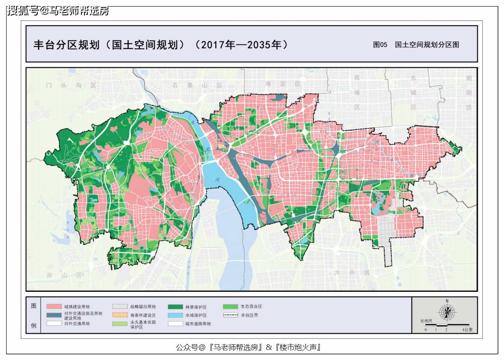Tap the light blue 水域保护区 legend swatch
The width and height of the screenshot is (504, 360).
(x=175, y=315)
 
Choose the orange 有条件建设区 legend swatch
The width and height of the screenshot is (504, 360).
(x=119, y=315)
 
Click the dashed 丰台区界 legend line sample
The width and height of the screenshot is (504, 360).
(x=230, y=315)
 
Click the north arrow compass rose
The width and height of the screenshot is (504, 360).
(x=447, y=311)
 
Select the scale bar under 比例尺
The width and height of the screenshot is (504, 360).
(x=447, y=326)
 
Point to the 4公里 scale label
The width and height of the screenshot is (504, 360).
(x=467, y=330)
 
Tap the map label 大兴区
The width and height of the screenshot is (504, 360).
(x=352, y=273)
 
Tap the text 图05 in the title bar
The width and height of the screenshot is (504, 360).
(x=380, y=45)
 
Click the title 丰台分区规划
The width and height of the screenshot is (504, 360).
(x=66, y=45)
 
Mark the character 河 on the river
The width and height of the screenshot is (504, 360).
(x=217, y=180)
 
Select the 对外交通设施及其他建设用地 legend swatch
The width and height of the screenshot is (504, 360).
(x=53, y=315)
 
